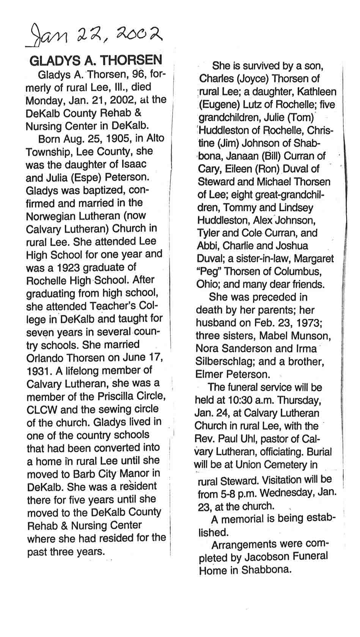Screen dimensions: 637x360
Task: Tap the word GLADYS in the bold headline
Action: click(52, 60)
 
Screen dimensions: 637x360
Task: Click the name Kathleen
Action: click(316, 91)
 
